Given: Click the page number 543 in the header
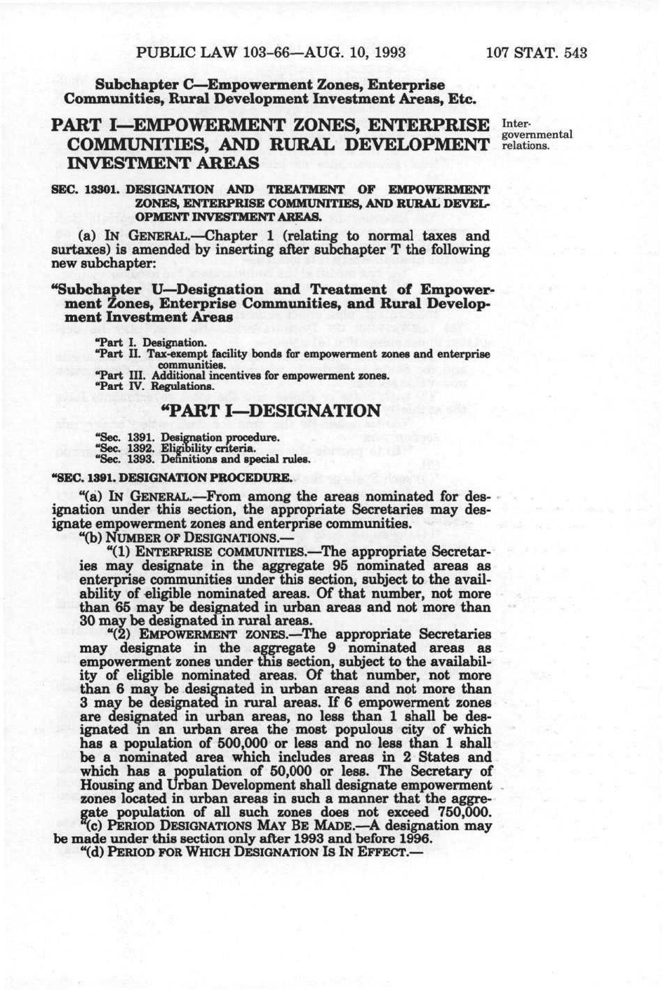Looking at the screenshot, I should [575, 53].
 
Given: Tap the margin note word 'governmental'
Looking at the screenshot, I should [538, 135].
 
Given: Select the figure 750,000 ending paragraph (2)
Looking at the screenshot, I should [463, 812].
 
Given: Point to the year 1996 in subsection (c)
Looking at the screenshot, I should [414, 839].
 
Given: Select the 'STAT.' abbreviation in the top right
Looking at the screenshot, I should [536, 53].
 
